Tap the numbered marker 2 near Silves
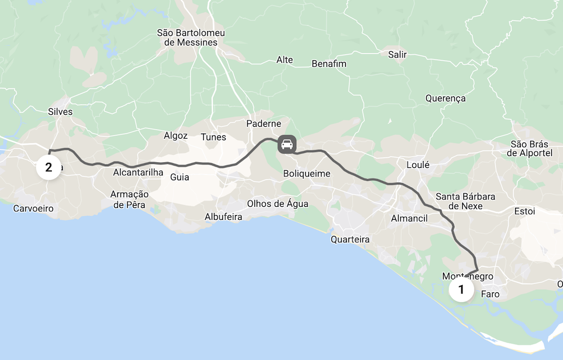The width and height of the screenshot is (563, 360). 49,167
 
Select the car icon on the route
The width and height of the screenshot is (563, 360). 287,144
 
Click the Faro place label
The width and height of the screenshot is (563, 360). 490,294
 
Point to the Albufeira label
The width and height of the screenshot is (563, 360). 223,217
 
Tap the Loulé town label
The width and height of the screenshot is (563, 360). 418,165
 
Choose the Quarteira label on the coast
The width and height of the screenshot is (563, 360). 350,239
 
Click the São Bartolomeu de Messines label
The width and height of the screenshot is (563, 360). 191,38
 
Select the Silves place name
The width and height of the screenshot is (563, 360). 61,112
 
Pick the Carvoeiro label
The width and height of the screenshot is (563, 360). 34,208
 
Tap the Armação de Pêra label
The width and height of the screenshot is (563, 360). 129,199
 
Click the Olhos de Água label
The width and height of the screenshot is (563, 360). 278,203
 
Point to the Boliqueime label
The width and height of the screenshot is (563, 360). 307,174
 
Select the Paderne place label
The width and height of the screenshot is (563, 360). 263,124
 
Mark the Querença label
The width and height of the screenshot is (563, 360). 445,98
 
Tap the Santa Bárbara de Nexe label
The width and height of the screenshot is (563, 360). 465,201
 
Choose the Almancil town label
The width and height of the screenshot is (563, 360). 409,219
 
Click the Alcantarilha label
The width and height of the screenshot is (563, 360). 138,172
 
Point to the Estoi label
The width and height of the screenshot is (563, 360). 525,211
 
